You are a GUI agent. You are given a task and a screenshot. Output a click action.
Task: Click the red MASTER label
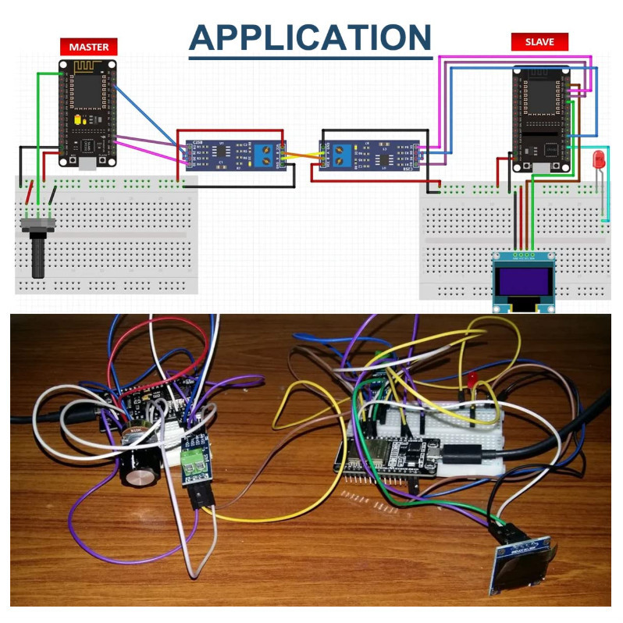coord(89,47)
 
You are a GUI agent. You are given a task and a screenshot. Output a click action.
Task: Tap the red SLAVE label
coord(539,42)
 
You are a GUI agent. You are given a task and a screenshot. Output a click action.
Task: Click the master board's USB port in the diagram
coord(87,162)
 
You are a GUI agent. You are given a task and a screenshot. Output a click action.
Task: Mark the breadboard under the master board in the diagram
coord(106,234)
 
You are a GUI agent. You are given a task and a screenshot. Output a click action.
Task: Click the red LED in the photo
coord(474,379)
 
